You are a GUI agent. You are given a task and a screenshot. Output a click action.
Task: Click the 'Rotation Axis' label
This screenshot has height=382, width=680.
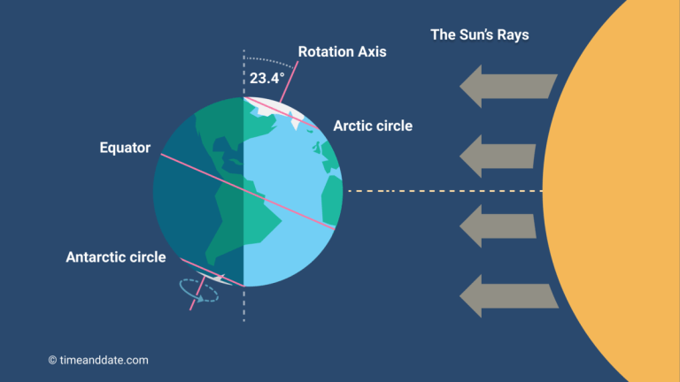point(342,51)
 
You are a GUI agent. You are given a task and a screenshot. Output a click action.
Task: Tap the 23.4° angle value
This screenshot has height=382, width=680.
point(267,78)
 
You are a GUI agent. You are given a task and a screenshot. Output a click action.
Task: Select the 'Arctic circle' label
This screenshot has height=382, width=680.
point(373,126)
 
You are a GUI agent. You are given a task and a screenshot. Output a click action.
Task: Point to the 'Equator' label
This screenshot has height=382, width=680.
point(125,148)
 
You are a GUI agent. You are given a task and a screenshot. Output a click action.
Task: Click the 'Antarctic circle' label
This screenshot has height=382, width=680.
point(116,256)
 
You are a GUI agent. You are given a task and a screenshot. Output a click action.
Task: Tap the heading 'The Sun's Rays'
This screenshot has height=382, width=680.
point(480,34)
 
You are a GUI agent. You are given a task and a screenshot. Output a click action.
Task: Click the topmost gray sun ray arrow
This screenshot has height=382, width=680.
point(508,86)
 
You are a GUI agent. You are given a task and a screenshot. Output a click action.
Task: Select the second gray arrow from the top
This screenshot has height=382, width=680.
point(498,156)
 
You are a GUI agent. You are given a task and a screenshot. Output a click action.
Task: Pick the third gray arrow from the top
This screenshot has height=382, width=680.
point(498,226)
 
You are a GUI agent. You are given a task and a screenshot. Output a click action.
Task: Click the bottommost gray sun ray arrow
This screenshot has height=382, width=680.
point(509,296)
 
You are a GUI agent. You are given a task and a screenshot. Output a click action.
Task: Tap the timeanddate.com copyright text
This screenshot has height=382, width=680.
point(98,360)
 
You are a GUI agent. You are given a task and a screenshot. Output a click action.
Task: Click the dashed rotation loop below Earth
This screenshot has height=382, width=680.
point(199,291)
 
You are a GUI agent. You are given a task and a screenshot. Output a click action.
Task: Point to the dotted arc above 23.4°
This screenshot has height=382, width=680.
point(269,62)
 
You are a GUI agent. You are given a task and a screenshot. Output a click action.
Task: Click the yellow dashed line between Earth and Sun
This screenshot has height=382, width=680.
point(445,191)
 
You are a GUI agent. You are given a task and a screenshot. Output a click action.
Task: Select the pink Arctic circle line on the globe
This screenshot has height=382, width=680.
point(282,113)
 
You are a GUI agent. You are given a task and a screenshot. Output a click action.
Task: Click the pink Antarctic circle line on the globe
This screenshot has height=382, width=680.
point(212,273)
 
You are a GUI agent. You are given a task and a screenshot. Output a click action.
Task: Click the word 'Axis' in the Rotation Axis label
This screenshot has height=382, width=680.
point(372,51)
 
